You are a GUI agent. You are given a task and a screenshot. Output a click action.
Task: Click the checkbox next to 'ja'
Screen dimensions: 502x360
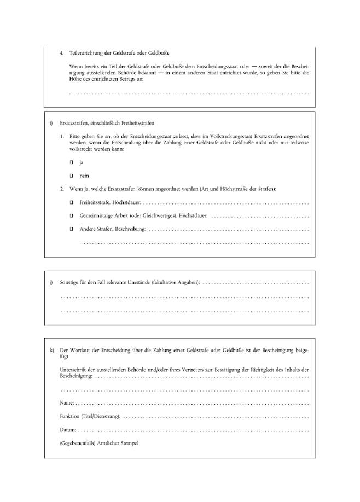(71, 162)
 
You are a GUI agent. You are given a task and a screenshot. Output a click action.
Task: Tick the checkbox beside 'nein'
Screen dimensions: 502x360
(71, 176)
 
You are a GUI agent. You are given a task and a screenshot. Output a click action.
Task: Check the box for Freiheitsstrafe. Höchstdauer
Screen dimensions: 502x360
(71, 202)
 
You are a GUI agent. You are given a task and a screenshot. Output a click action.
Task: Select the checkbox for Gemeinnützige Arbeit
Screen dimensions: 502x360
(71, 215)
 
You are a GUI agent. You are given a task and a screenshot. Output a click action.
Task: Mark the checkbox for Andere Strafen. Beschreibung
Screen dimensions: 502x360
(71, 229)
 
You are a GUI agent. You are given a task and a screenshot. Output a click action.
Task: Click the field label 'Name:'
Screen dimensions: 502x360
(67, 402)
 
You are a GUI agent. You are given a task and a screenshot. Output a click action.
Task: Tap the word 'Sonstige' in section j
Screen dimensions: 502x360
(69, 283)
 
